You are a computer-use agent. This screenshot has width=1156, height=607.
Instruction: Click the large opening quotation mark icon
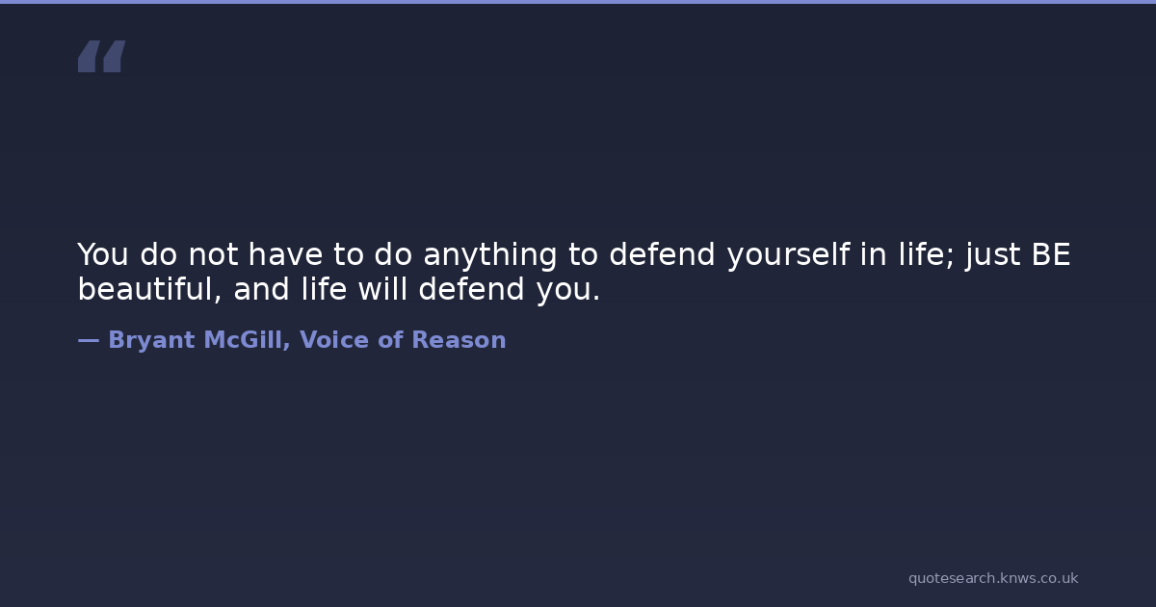click(x=102, y=56)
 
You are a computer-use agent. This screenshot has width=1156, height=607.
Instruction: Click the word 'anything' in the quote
click(x=489, y=255)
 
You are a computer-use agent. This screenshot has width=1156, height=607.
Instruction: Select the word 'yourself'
click(x=788, y=255)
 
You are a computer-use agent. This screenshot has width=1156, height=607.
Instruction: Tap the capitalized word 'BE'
click(x=1051, y=254)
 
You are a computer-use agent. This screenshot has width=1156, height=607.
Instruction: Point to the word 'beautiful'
click(x=149, y=288)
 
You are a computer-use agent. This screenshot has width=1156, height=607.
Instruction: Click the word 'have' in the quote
click(x=285, y=253)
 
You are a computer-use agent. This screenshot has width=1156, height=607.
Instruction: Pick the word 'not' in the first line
click(x=213, y=254)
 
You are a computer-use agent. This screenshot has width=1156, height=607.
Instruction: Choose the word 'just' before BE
click(x=992, y=255)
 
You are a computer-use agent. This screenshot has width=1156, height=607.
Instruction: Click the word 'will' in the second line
click(x=382, y=288)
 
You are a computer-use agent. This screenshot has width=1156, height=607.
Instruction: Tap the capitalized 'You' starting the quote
click(x=103, y=254)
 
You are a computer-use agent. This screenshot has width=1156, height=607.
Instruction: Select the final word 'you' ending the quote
click(x=568, y=291)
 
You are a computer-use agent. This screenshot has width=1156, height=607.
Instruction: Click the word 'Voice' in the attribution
click(x=334, y=339)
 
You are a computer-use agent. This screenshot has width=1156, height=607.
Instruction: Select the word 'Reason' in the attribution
click(x=460, y=339)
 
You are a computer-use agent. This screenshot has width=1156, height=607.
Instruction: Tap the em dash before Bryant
click(x=89, y=340)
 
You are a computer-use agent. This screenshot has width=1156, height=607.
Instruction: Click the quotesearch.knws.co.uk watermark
click(x=993, y=578)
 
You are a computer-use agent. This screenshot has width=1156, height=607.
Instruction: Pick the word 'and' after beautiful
click(x=261, y=288)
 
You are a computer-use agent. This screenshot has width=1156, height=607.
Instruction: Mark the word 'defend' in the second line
click(x=472, y=288)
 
